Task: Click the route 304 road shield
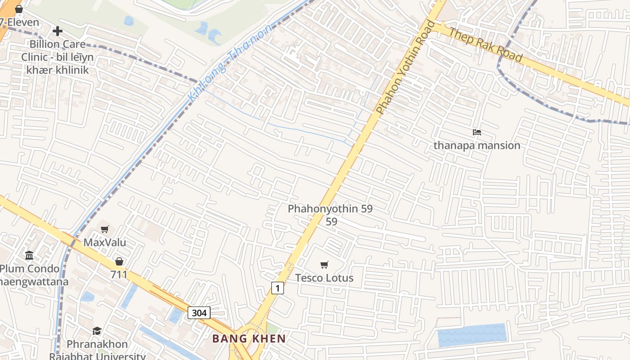(199, 313)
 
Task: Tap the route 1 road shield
(278, 288)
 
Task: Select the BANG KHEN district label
(249, 338)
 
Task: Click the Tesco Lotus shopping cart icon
(324, 265)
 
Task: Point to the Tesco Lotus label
(324, 278)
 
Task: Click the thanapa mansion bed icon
(477, 132)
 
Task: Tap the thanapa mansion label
(477, 145)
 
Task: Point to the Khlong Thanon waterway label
(229, 63)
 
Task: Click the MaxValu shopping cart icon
(105, 229)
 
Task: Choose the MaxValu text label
(105, 243)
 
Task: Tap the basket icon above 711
(119, 261)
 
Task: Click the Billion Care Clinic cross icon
(57, 31)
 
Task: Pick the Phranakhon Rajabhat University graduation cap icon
(97, 331)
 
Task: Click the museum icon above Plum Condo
(30, 256)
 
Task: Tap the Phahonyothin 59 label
(330, 209)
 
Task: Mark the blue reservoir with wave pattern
(472, 335)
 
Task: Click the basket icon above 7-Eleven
(19, 9)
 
